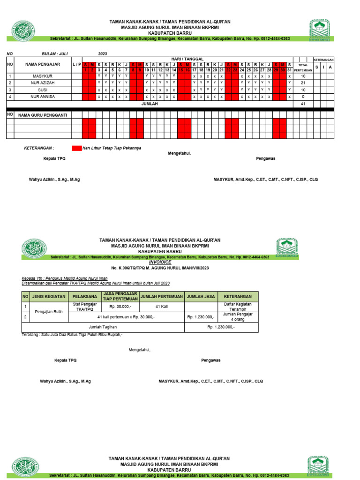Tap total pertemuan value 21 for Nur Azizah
(303, 82)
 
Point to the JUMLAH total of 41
(303, 104)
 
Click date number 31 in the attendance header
(289, 70)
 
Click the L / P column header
(77, 64)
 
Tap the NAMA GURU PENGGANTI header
(43, 114)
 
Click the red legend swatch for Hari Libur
(76, 148)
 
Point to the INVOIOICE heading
(160, 262)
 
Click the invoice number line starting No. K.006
(160, 268)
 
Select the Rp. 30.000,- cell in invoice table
(120, 307)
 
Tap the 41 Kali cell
(161, 307)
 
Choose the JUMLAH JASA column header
(201, 296)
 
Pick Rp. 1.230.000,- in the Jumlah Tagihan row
(221, 327)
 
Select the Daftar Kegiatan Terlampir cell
(238, 307)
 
